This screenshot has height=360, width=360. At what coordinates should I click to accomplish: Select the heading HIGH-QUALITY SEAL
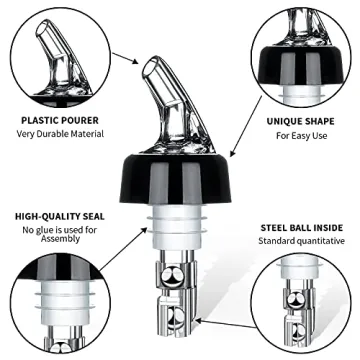point(65,216)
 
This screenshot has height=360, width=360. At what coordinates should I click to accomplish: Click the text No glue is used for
point(65,231)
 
